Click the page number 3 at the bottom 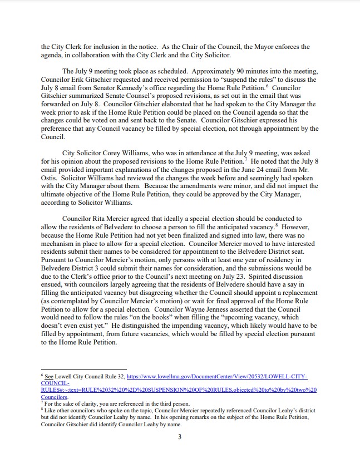(180, 436)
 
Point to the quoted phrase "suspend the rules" (242, 80)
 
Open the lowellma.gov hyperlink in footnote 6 (212, 377)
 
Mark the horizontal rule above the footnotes (84, 368)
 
